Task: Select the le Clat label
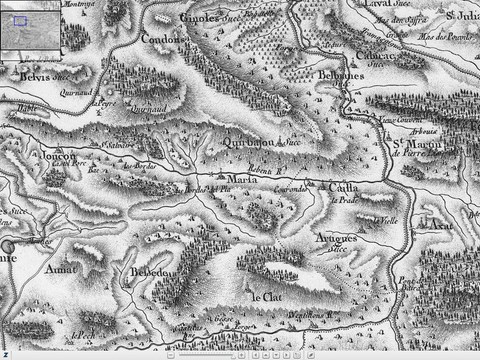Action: tap(265, 298)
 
